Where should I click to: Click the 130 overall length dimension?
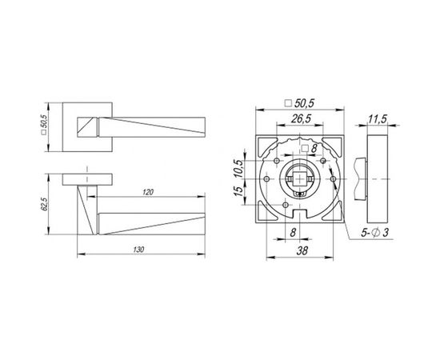point(138,250)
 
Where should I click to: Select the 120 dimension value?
point(148,192)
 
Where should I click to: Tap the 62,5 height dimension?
point(44,204)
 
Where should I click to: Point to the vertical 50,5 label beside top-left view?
point(44,125)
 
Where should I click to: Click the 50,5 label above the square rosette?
point(300,103)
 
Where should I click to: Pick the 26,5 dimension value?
point(301,118)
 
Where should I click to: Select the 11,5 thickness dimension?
point(377,119)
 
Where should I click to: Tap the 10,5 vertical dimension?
point(238,168)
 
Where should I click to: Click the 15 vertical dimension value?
point(238,191)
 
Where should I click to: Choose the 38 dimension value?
point(302,250)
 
